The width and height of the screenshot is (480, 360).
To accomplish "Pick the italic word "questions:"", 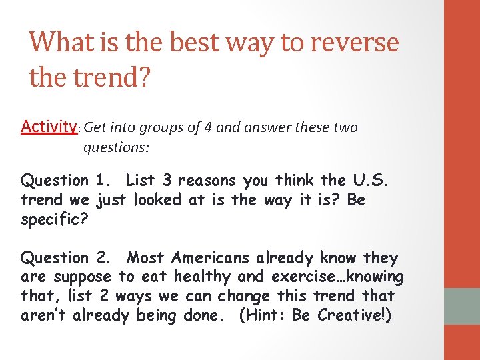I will (x=116, y=146).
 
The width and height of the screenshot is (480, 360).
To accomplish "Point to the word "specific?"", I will (x=53, y=218).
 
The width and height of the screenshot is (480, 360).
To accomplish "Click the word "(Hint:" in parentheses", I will (x=263, y=315).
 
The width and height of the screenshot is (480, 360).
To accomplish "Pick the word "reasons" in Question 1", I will (x=207, y=180).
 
